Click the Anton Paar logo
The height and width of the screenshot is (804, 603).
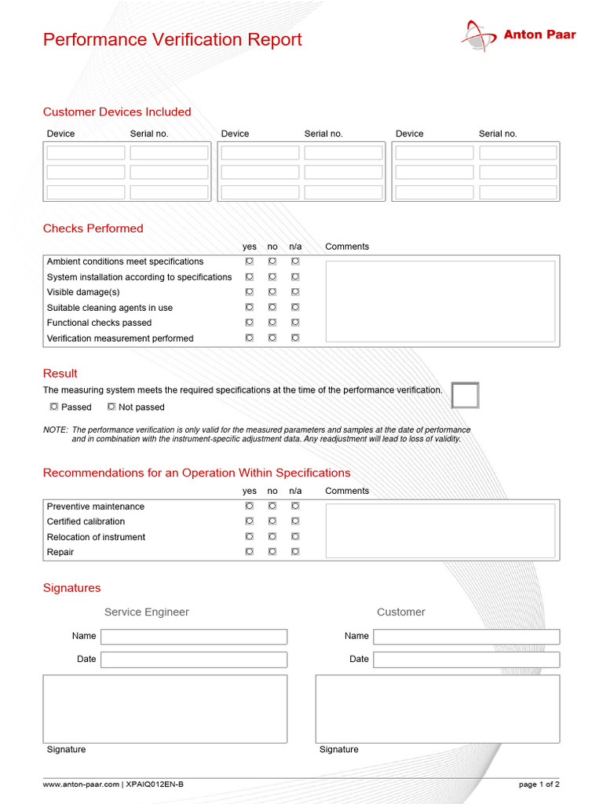(517, 35)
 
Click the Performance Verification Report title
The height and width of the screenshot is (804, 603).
(172, 40)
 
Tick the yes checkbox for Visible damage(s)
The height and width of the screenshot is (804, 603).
(249, 292)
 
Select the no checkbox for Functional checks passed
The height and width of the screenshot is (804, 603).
(272, 323)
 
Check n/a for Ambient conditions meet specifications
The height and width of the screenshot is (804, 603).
(295, 261)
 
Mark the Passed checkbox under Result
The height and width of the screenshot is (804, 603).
(54, 407)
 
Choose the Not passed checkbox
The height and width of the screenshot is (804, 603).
(111, 407)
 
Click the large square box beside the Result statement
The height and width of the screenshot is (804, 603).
(465, 396)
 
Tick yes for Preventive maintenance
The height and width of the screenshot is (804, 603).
(249, 506)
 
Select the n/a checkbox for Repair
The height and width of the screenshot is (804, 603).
(295, 552)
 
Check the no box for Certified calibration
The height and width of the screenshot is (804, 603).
(272, 521)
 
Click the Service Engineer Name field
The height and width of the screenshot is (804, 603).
(194, 637)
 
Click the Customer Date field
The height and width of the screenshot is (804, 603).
(466, 660)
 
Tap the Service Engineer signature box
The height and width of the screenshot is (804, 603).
(165, 709)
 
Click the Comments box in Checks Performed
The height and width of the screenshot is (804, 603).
(440, 301)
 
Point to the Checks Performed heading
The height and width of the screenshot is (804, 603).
(93, 228)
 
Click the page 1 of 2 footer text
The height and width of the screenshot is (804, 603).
(539, 784)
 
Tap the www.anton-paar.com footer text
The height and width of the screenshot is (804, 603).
(81, 784)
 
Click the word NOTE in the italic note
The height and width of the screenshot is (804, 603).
(55, 430)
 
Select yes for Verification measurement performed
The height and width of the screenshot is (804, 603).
(249, 338)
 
